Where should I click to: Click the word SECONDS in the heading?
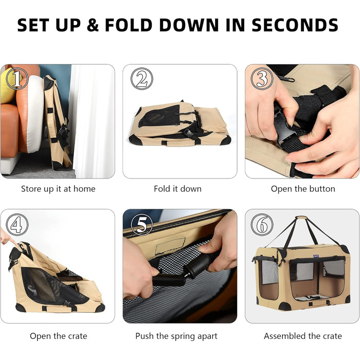(295, 25)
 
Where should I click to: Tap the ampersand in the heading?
(93, 25)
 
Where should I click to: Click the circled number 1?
(17, 79)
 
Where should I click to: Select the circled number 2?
(142, 79)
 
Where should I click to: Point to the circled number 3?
(262, 79)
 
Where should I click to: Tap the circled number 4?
(17, 225)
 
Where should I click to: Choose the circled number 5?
(142, 225)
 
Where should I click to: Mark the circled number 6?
(262, 225)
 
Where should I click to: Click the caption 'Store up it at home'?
(58, 189)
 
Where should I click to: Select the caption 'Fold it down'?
(178, 189)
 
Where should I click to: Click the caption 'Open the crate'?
(59, 336)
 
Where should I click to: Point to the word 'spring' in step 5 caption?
(184, 336)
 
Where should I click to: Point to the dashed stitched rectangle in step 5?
(170, 246)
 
